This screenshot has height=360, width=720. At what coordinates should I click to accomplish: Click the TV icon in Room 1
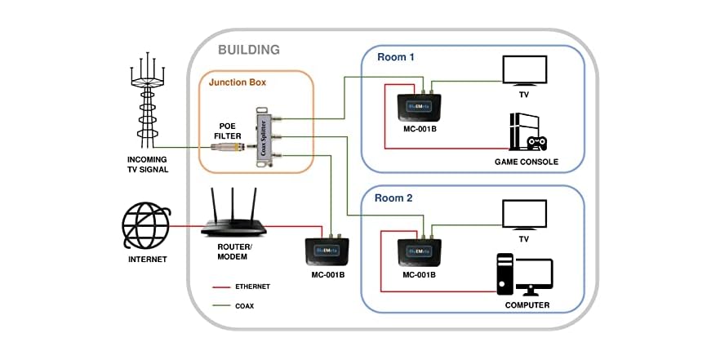(x=524, y=69)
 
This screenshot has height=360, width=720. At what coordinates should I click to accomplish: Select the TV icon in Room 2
(x=524, y=216)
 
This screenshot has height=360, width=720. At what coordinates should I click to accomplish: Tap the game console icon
(x=527, y=134)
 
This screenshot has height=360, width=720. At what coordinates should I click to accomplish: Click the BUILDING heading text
(x=249, y=50)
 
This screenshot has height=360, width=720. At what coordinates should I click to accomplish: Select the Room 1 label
(x=396, y=57)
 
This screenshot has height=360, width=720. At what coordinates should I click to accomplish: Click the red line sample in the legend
(x=221, y=287)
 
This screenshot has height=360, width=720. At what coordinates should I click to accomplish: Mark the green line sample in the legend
(x=221, y=306)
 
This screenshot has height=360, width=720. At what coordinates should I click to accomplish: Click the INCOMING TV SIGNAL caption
(x=148, y=164)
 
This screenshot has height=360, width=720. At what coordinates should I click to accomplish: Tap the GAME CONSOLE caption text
(x=527, y=162)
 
